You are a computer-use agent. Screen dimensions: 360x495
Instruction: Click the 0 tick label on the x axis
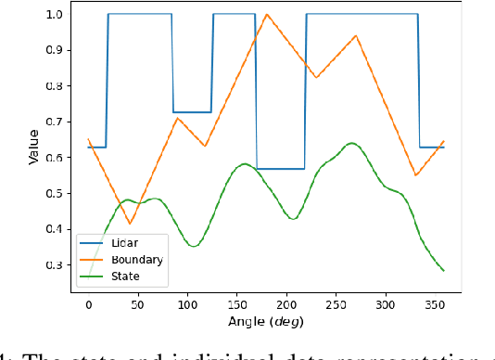[x=88, y=303]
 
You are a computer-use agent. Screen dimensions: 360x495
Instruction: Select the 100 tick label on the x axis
[x=187, y=303]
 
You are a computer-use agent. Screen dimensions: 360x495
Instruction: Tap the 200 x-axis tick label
[x=286, y=303]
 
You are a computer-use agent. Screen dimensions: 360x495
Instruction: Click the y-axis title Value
[x=33, y=147]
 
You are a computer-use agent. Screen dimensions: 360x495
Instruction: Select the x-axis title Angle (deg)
[x=266, y=321]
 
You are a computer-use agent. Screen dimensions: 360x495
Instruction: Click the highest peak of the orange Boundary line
[x=267, y=15]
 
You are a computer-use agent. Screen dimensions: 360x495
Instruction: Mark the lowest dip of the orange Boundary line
[x=130, y=224]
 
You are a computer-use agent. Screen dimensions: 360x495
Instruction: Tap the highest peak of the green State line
[x=350, y=143]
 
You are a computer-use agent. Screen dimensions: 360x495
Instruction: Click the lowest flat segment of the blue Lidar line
[x=281, y=169]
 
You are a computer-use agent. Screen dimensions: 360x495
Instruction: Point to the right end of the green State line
[x=444, y=271]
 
